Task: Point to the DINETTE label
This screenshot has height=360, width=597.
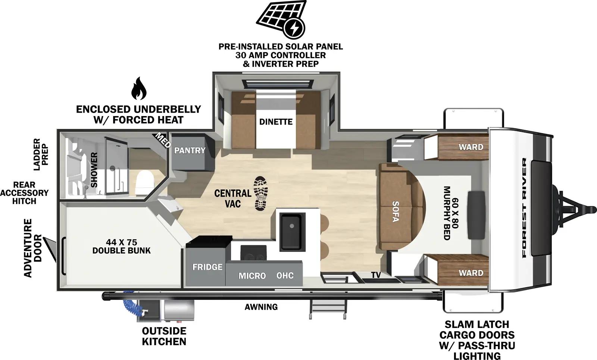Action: point(276,122)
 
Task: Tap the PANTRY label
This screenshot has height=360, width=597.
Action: point(190,150)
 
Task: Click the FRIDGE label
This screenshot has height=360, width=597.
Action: point(207,267)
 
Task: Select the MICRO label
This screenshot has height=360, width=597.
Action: point(252,276)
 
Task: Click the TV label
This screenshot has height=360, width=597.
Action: point(376,275)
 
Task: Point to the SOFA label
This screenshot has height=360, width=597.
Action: point(396,212)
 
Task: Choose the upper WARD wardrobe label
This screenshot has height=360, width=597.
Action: point(471,147)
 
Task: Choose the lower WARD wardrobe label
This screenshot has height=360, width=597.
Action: point(471,273)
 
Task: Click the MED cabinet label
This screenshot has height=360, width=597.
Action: point(163,140)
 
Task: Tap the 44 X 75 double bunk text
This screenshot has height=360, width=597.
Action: point(121,246)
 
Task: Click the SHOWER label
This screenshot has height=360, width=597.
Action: point(94,170)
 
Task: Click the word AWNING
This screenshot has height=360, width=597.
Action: point(261,307)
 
